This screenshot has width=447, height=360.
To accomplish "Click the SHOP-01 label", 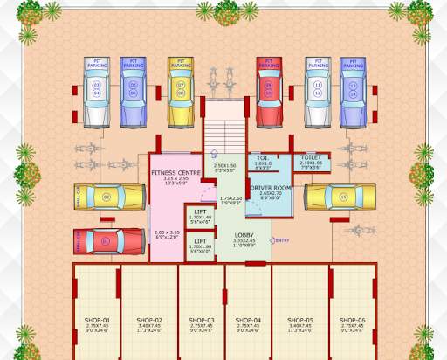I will click(x=98, y=321).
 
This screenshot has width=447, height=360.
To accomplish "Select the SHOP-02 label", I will click(x=149, y=321).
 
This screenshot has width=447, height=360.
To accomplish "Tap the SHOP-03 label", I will click(x=202, y=321).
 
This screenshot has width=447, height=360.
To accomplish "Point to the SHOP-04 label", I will click(x=248, y=321).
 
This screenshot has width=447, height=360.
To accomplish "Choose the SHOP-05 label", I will click(x=300, y=321).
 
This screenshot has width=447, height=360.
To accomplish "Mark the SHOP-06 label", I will click(x=355, y=321).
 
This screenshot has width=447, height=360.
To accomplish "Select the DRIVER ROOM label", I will click(x=271, y=188).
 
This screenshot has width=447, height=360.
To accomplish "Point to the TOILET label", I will click(x=312, y=157).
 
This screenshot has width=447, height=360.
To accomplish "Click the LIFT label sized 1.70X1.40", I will click(x=200, y=212).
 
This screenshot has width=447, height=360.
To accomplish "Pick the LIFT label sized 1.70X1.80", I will click(x=200, y=241).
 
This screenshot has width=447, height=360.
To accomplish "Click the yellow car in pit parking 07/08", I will click(x=181, y=92).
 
